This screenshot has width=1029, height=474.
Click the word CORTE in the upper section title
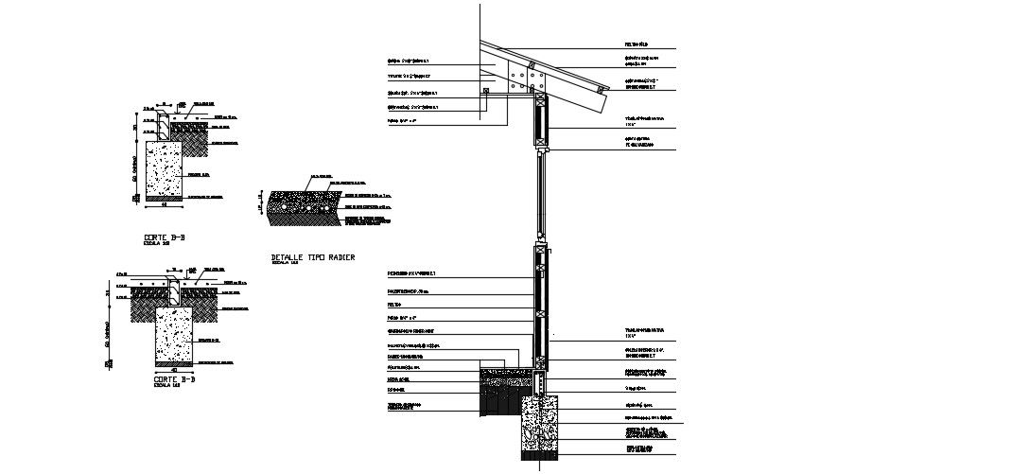(156, 237)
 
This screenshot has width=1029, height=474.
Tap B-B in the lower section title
(187, 379)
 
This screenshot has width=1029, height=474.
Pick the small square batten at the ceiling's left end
(486, 93)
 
